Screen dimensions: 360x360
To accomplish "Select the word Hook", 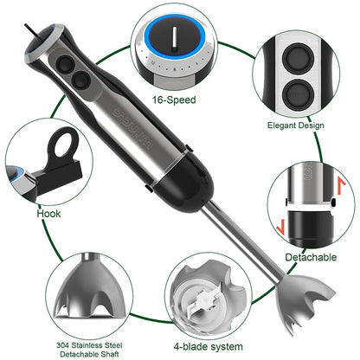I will (49, 212).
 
